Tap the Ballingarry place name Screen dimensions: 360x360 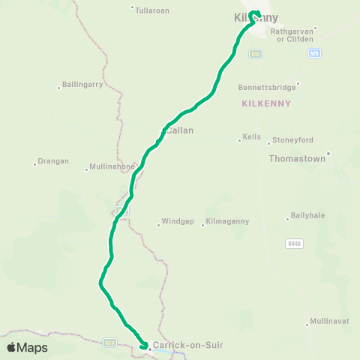tap(82, 85)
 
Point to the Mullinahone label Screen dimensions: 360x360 tap(112, 166)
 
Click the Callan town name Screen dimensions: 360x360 tap(180, 130)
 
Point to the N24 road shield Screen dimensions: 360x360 tap(111, 343)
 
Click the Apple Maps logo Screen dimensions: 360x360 tap(27, 347)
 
